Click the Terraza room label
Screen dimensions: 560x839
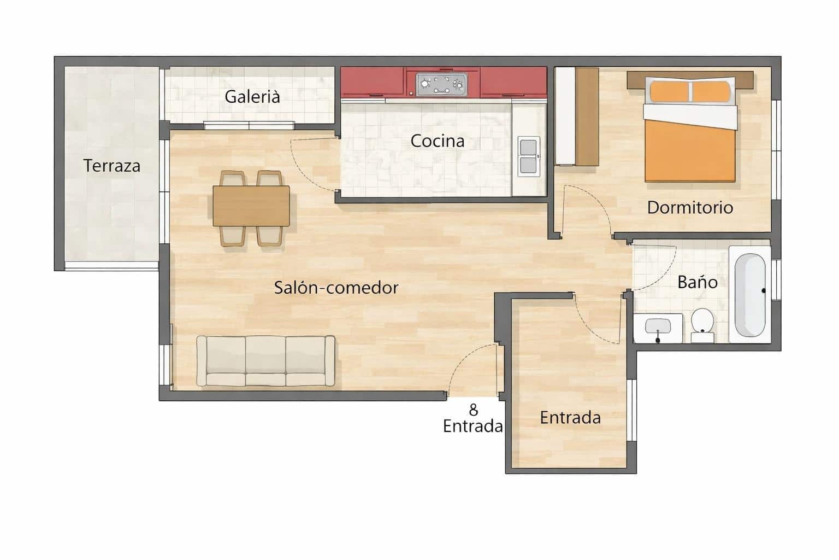tap(112, 166)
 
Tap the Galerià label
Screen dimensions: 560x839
tap(252, 97)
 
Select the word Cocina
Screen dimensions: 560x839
tap(438, 141)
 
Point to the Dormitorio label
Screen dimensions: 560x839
tap(690, 207)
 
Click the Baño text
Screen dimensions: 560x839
tap(698, 282)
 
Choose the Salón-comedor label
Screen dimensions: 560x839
tap(336, 288)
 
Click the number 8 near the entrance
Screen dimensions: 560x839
tap(473, 410)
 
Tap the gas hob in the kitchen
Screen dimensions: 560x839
tap(442, 84)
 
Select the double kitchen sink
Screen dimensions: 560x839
tap(528, 156)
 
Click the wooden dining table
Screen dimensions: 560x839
tap(251, 206)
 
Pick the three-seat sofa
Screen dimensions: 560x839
tap(266, 361)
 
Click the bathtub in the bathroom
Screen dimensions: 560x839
tap(749, 295)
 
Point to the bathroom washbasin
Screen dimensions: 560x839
tap(658, 328)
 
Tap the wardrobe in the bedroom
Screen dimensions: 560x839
tap(577, 116)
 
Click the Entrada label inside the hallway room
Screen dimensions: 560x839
tap(570, 418)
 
